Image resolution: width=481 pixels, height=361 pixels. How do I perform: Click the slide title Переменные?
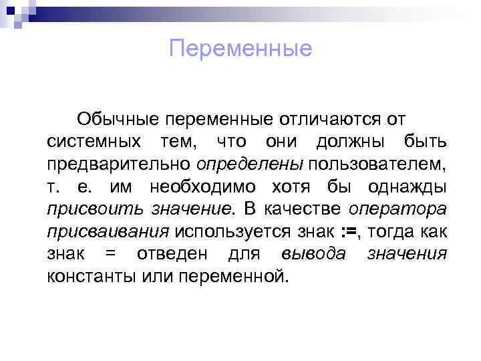click(x=240, y=49)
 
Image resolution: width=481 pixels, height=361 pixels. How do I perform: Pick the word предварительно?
click(x=119, y=164)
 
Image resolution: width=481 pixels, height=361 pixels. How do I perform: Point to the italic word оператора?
click(x=397, y=209)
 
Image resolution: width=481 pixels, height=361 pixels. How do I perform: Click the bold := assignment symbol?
click(x=349, y=232)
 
